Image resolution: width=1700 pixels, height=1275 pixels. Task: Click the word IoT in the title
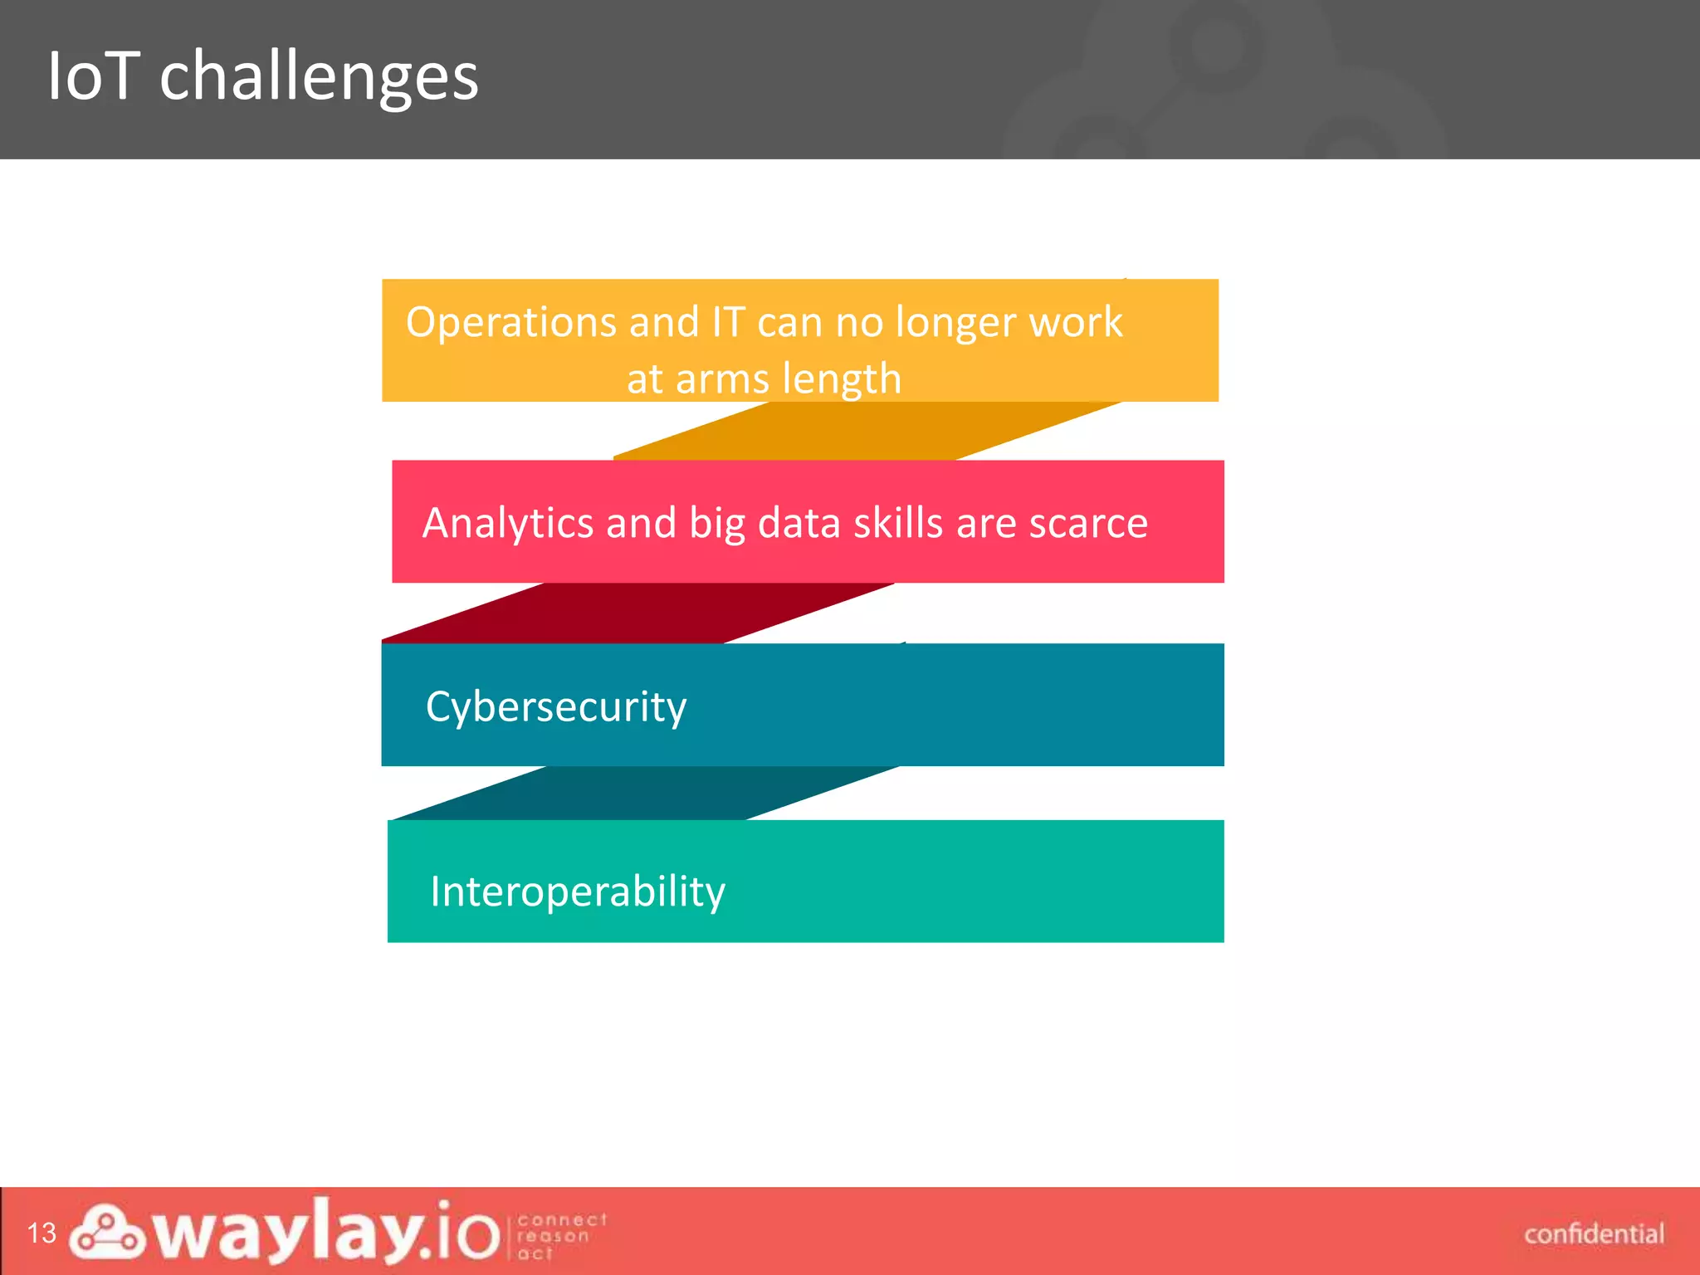[x=92, y=76]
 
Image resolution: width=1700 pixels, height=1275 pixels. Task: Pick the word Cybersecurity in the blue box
[x=555, y=708]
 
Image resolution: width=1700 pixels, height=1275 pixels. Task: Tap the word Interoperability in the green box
[x=577, y=892]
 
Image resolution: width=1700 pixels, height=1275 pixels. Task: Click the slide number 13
[x=42, y=1233]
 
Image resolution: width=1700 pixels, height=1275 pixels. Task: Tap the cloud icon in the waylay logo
[x=107, y=1231]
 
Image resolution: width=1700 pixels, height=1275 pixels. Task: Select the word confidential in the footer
[x=1593, y=1234]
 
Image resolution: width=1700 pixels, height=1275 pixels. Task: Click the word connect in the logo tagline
[x=562, y=1219]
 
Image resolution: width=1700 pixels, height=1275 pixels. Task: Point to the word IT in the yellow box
[x=729, y=322]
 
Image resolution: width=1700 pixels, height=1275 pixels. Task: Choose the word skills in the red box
[x=898, y=524]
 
